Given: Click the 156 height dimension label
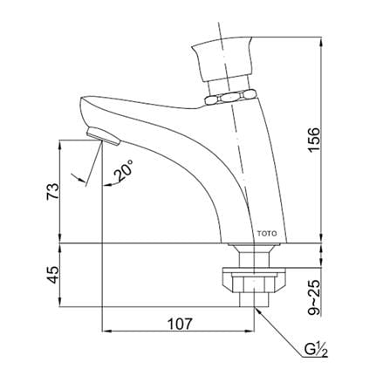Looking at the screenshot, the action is coord(314,140).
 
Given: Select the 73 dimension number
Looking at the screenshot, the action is coord(53,191).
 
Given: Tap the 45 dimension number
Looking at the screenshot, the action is coord(53,275).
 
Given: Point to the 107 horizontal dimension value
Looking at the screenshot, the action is coord(180,324).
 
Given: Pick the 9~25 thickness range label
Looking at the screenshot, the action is coord(314,298).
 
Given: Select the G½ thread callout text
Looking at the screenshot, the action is coord(316,350).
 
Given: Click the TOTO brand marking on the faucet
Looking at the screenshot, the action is coord(267,234).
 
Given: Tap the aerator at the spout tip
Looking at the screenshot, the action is coord(103,136).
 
